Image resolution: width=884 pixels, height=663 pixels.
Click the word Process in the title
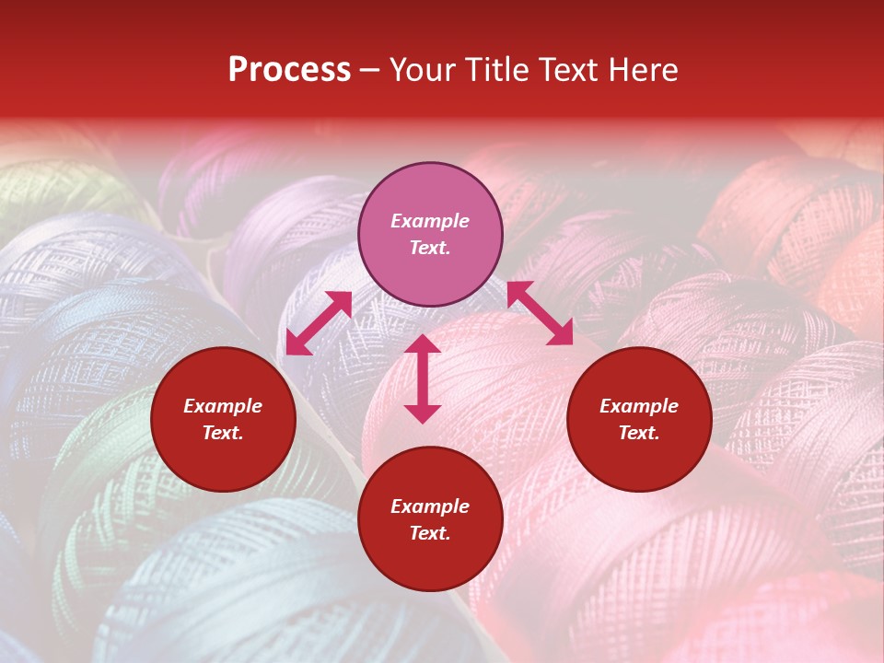(x=289, y=70)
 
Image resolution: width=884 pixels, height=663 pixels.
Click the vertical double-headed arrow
(x=423, y=378)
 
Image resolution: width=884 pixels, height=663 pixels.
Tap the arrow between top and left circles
(x=319, y=323)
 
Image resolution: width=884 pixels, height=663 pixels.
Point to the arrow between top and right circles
(x=540, y=313)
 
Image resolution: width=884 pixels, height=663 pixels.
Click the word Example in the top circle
(x=430, y=221)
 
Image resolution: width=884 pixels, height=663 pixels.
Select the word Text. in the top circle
(x=430, y=248)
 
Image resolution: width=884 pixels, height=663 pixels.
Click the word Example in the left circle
(x=223, y=406)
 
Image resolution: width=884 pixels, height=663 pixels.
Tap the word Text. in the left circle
(x=223, y=433)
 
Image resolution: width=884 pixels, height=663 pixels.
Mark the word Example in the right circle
(x=639, y=406)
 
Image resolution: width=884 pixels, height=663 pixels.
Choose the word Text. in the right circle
(x=639, y=433)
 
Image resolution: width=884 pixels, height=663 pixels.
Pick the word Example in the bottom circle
(x=430, y=506)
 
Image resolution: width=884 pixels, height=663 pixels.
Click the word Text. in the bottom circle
(x=430, y=533)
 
